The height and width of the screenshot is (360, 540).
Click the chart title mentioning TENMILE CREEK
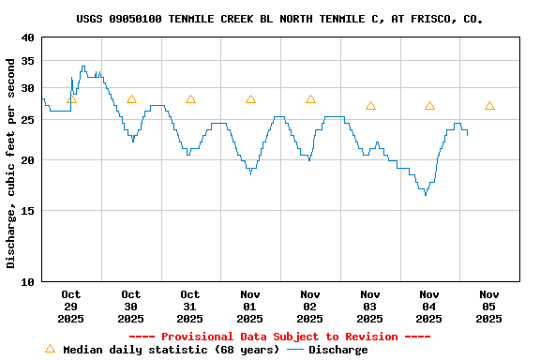(279, 19)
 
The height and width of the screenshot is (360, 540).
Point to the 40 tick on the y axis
(28, 37)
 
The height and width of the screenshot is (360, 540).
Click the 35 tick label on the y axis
(28, 61)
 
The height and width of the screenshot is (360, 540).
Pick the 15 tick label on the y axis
(28, 211)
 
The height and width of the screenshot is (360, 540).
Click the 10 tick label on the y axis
(28, 281)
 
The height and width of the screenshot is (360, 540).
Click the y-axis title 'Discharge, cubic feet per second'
(11, 162)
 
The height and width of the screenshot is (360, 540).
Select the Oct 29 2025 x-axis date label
(71, 306)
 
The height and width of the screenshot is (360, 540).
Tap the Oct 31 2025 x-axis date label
(190, 306)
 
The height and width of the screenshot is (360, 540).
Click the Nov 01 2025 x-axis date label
(250, 306)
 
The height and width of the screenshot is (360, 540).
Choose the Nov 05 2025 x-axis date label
(488, 306)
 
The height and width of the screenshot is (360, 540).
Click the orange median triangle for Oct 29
(71, 99)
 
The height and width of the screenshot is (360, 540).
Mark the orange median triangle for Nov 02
(310, 99)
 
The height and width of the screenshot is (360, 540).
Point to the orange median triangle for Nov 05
(489, 106)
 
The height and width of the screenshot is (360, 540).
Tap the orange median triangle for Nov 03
(370, 106)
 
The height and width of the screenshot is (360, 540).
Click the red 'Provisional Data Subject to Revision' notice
(279, 337)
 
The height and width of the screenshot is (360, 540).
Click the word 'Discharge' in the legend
(338, 350)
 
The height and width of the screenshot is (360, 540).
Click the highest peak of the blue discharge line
(83, 67)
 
